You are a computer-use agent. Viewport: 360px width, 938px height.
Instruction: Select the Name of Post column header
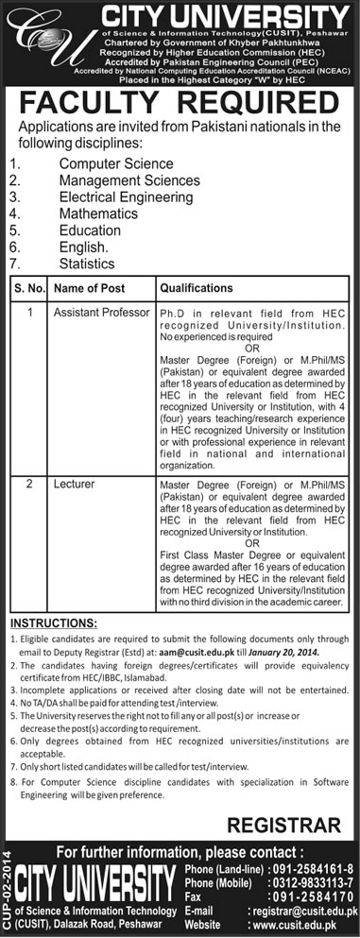coord(90,287)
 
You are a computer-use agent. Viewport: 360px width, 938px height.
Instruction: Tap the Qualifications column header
coord(197,287)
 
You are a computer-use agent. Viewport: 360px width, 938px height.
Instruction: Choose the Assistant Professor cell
coord(102,311)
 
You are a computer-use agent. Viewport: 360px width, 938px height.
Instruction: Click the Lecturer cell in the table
coord(74,484)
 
